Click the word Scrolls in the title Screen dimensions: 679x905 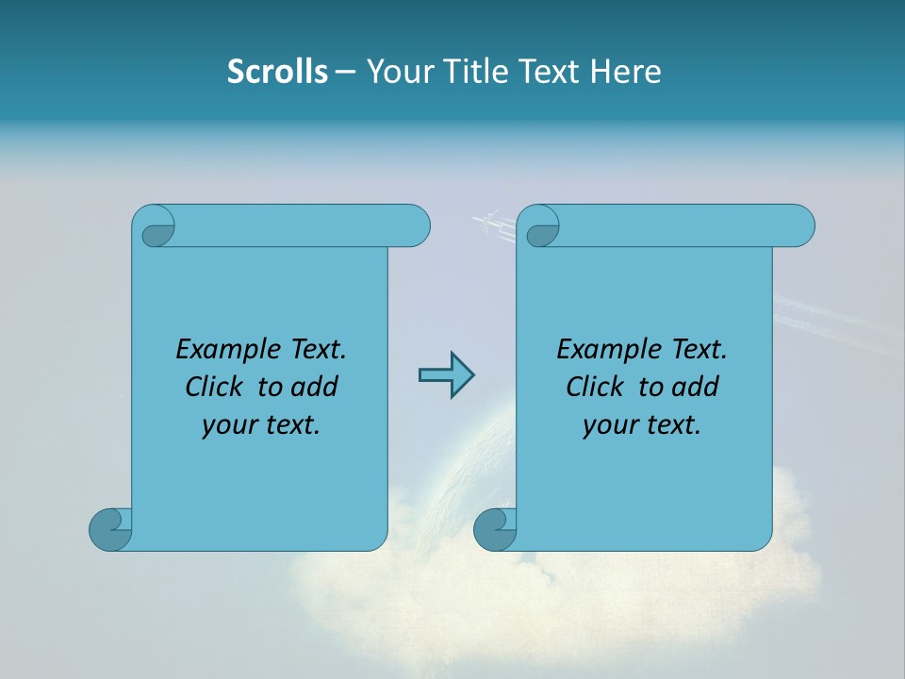(x=277, y=72)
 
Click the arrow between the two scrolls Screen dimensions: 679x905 (x=446, y=375)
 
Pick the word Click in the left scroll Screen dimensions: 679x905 (x=214, y=387)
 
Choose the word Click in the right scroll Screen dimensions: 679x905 (x=595, y=387)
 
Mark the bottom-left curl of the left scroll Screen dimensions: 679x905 (x=110, y=529)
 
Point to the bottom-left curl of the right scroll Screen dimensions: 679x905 (x=494, y=530)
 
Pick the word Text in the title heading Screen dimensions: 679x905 (x=550, y=72)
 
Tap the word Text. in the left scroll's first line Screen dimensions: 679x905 (x=318, y=350)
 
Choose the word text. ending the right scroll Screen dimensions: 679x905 (x=669, y=425)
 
